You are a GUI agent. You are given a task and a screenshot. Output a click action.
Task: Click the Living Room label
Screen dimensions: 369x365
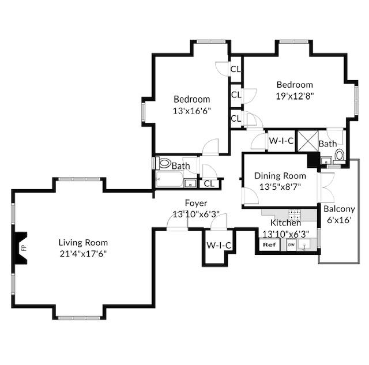tap(83, 242)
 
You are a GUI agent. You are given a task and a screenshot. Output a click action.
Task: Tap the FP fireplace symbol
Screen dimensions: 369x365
tap(21, 247)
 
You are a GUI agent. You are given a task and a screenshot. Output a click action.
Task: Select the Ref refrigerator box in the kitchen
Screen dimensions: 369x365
tap(270, 244)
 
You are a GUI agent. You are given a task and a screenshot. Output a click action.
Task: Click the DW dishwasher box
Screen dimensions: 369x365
tap(291, 245)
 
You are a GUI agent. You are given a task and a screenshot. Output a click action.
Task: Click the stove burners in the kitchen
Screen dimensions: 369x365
tap(295, 215)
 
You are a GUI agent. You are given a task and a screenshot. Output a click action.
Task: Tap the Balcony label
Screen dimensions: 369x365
tap(339, 209)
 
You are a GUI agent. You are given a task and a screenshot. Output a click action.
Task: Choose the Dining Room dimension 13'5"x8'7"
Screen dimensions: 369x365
tap(280, 187)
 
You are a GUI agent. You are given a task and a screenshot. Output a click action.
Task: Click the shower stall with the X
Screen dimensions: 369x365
tap(308, 141)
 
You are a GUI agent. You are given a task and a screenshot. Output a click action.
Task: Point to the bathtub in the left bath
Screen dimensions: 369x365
tap(170, 179)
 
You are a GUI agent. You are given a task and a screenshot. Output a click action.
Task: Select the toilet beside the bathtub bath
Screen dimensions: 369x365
tap(164, 163)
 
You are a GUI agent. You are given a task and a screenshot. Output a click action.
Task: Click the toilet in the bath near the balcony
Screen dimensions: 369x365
tap(340, 156)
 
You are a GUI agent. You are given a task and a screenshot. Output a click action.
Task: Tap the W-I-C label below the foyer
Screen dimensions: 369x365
tap(219, 246)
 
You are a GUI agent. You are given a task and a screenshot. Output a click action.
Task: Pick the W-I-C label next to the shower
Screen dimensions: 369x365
tap(281, 141)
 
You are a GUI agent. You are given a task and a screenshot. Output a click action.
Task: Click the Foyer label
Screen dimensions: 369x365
tap(196, 203)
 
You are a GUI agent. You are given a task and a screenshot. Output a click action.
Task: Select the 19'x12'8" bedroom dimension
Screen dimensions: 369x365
tap(295, 96)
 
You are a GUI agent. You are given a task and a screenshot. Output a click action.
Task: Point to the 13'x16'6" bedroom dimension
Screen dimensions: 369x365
tap(191, 111)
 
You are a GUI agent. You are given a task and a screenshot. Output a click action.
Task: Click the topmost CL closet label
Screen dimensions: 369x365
tap(236, 69)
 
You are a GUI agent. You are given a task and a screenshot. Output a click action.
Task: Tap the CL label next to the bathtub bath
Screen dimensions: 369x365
tap(209, 183)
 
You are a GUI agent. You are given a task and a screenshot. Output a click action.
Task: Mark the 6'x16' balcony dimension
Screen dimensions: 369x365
tap(339, 220)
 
